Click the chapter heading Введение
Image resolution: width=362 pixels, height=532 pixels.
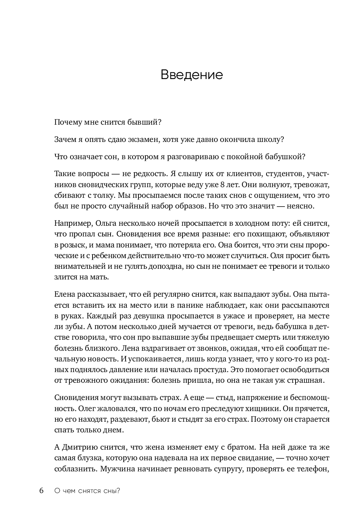(192, 75)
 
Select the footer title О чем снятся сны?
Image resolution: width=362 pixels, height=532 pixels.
(87, 491)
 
